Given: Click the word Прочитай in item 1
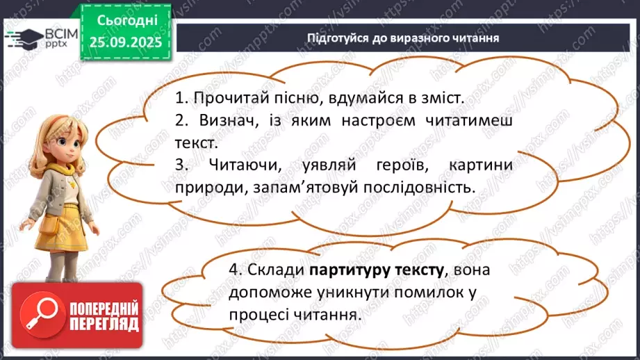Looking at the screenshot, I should (222, 97).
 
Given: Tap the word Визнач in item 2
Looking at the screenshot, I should (220, 120).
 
